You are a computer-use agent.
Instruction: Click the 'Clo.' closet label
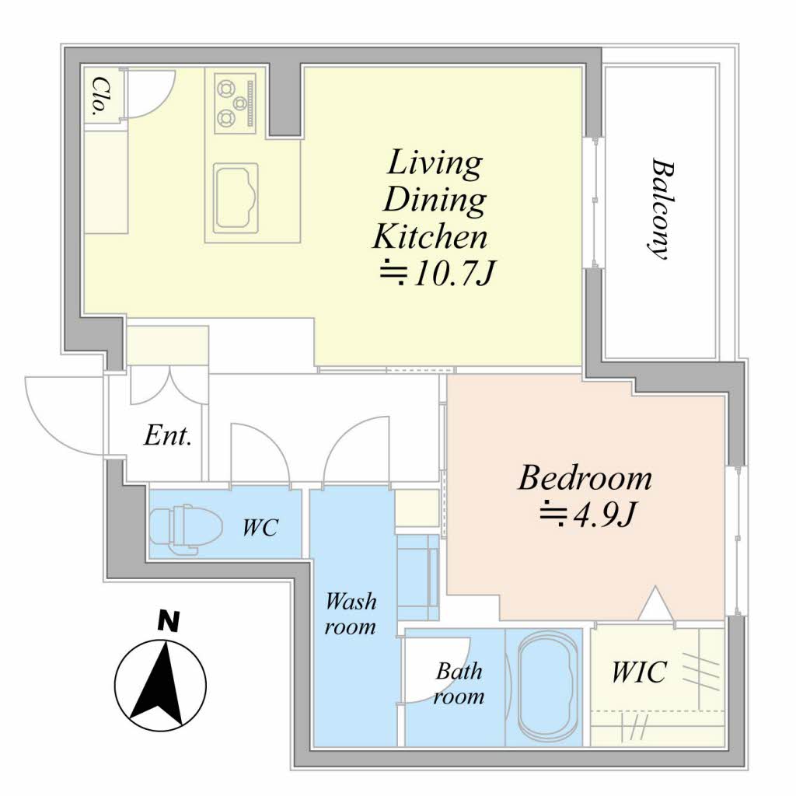[102, 97]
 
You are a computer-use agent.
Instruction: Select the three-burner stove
[235, 103]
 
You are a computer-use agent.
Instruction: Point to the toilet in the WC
[187, 528]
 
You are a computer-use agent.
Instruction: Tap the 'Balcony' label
[663, 209]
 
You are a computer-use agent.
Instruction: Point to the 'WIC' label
[639, 672]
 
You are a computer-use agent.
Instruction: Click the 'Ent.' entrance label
[168, 435]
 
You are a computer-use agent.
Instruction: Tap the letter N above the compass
[169, 621]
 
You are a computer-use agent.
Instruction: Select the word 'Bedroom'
[585, 478]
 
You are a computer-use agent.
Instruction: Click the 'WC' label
[260, 528]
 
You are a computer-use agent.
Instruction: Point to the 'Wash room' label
[351, 614]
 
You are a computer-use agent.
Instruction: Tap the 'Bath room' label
[459, 683]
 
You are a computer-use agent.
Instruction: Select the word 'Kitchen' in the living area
[429, 237]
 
